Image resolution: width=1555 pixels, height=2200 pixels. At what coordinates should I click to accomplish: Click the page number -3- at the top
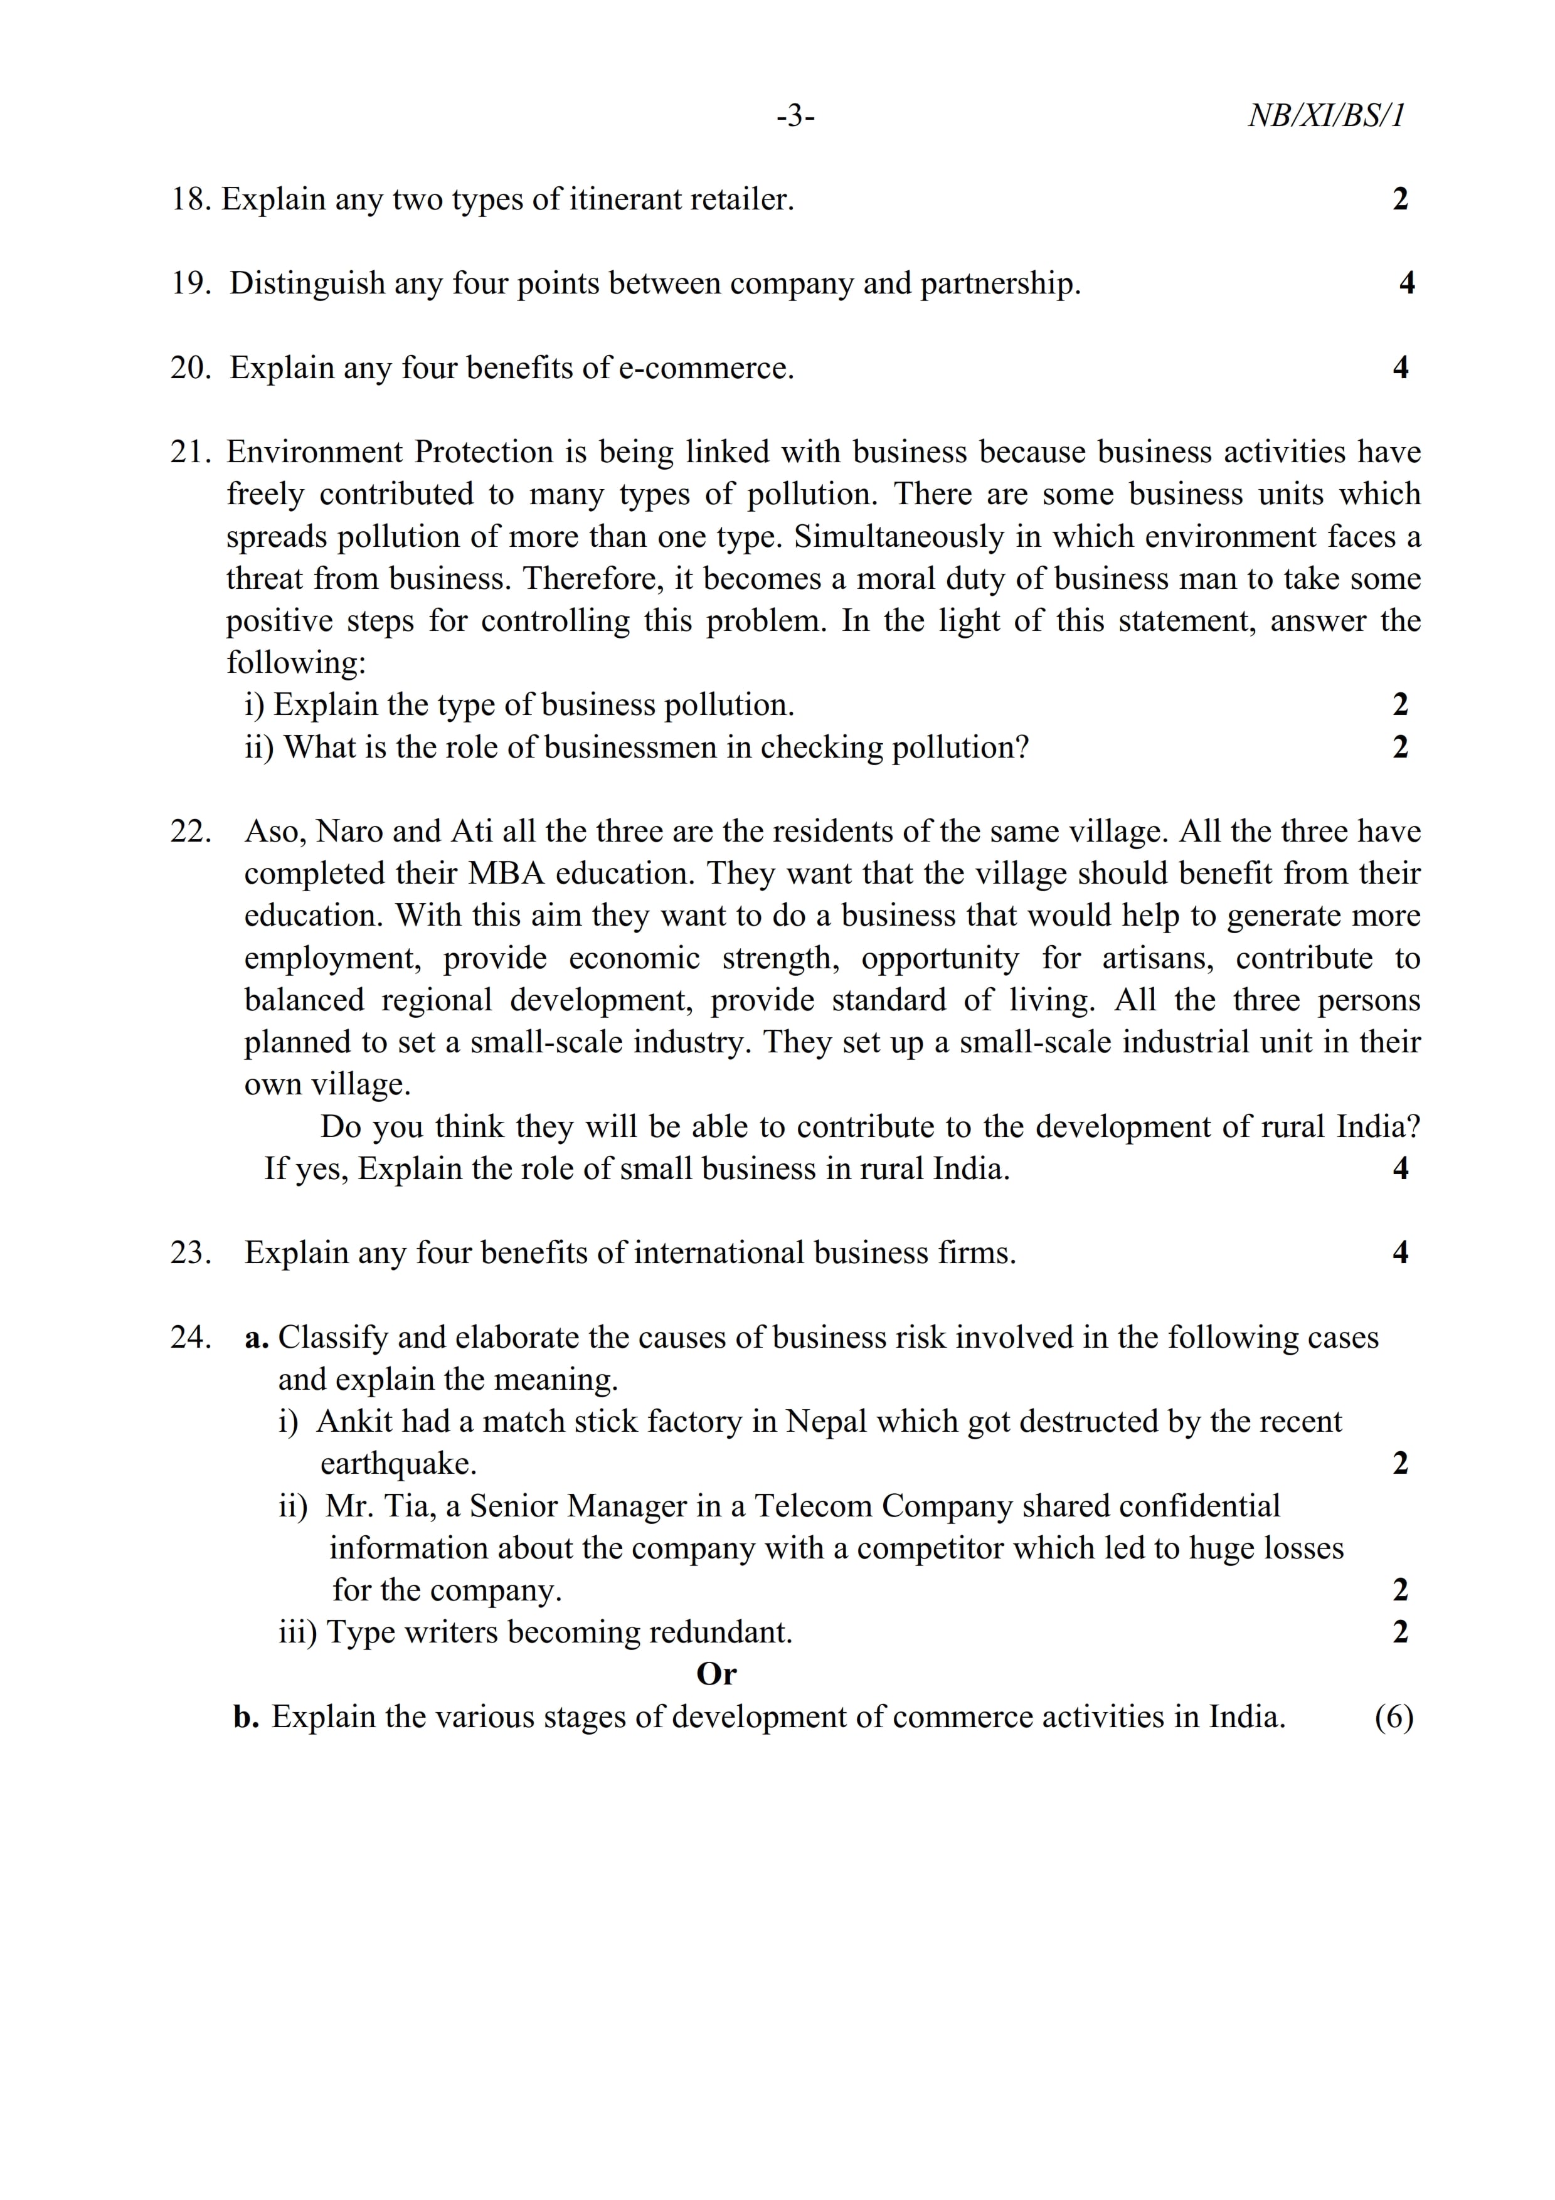pos(795,117)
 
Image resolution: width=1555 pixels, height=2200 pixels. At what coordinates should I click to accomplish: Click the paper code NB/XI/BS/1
pos(1326,116)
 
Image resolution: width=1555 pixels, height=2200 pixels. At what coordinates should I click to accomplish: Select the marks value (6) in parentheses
pos(1394,1717)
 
